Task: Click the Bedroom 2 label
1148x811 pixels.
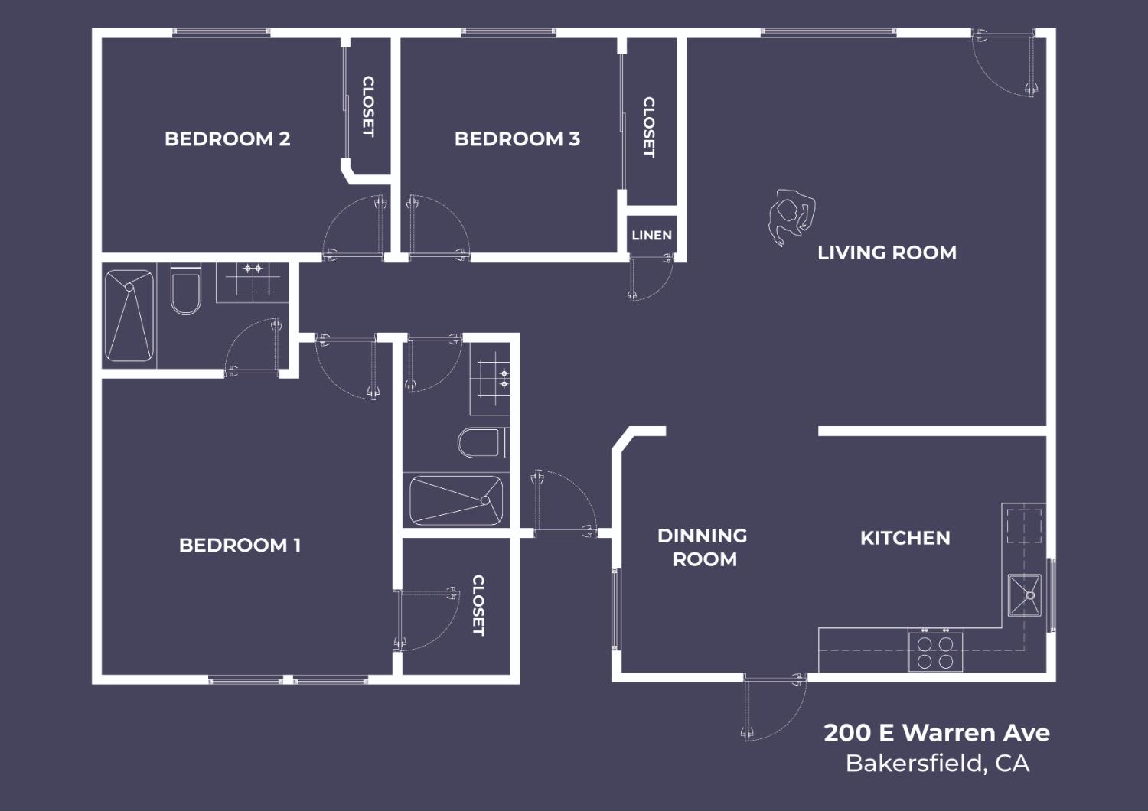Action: click(x=227, y=138)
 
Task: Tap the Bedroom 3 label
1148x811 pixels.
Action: click(x=517, y=138)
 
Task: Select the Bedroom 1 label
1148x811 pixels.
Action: click(x=240, y=545)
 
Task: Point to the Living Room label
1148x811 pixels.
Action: click(x=886, y=252)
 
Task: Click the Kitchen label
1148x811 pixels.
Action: click(x=905, y=538)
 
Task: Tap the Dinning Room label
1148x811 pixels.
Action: click(x=703, y=547)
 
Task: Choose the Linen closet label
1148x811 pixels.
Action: click(x=651, y=235)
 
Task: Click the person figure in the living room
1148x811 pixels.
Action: click(x=791, y=217)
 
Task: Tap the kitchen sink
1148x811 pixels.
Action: click(x=1025, y=594)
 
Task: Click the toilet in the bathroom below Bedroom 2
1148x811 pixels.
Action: click(x=185, y=289)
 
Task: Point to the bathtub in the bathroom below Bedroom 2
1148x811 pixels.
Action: click(x=129, y=316)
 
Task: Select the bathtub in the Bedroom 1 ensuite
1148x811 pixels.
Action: click(x=456, y=500)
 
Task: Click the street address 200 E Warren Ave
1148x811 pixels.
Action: click(x=937, y=733)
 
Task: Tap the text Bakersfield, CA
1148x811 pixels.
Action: click(x=938, y=764)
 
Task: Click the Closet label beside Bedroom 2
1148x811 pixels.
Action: click(x=368, y=106)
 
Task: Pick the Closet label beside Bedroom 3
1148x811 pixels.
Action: click(x=648, y=127)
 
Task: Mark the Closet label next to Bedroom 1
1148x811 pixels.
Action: click(x=478, y=605)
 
